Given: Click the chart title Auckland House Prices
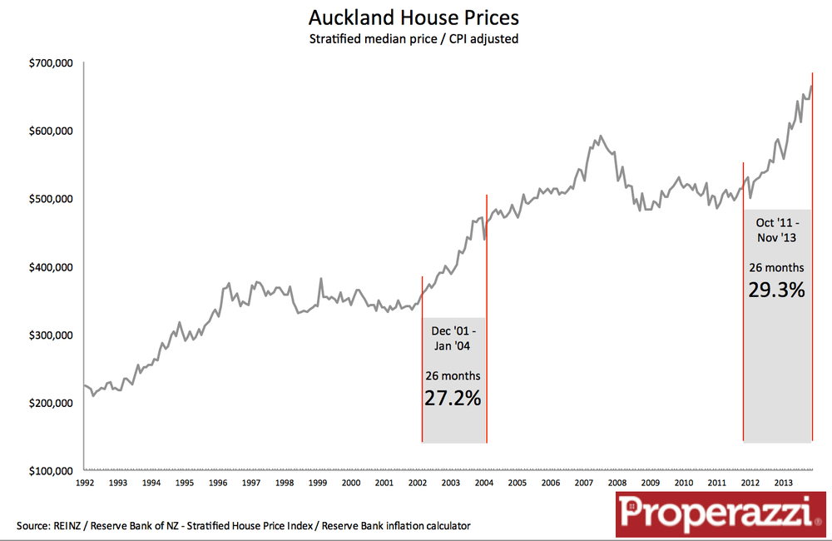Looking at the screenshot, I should coord(414,17).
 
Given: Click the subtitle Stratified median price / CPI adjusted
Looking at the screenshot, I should coord(414,39).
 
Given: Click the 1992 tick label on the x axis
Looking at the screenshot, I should coord(85,483).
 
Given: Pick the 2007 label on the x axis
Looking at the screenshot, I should coord(582,483).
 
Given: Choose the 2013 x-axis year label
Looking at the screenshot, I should coord(782,483).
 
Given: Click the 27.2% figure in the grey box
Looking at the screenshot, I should coord(453,398).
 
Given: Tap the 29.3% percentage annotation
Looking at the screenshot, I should coord(777,290).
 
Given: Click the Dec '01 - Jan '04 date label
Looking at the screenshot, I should coord(453,338).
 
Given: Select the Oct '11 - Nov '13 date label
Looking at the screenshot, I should coord(777,230).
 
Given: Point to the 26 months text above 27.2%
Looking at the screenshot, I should coord(453,375).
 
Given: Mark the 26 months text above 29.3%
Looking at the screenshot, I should coord(777,267).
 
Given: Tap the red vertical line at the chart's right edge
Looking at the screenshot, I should coord(812,250).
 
